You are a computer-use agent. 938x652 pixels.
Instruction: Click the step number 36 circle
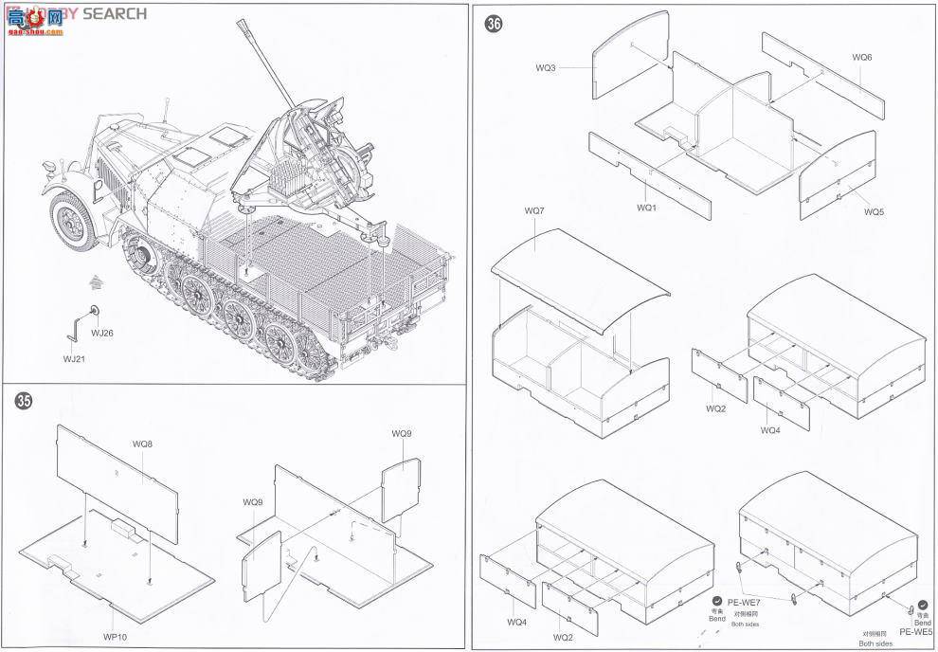(x=493, y=25)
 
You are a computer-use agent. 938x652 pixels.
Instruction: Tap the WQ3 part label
(x=546, y=67)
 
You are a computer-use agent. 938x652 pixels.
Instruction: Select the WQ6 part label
(x=861, y=57)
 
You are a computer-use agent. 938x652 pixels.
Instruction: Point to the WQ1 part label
(x=647, y=207)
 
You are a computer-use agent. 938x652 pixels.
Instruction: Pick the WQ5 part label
(x=874, y=211)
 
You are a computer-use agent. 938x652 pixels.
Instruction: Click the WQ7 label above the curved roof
(x=534, y=209)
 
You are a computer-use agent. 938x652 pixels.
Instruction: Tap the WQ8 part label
(x=142, y=444)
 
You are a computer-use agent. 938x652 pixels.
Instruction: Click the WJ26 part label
(x=101, y=333)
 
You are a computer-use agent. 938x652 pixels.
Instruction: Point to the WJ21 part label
(x=74, y=358)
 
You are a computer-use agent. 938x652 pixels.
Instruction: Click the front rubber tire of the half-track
(x=73, y=222)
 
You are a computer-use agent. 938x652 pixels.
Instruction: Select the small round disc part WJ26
(x=94, y=310)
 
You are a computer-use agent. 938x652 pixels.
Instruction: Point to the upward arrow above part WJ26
(x=95, y=281)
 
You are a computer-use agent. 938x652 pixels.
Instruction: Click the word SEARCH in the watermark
(x=116, y=13)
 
